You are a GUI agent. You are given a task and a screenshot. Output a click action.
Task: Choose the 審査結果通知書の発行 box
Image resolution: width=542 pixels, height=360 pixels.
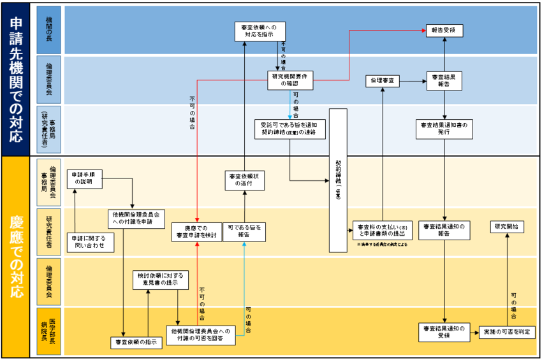point(444,129)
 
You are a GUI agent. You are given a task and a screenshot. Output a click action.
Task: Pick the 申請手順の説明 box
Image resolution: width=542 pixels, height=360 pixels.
point(85,178)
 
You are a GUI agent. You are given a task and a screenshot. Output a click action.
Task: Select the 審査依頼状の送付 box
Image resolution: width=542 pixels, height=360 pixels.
point(245,180)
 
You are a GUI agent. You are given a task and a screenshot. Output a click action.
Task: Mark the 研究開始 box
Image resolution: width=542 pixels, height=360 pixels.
point(508,226)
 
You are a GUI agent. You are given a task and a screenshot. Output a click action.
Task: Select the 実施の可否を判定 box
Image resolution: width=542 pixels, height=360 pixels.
point(507,332)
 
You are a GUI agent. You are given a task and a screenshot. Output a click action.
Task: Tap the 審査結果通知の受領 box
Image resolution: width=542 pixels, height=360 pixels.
point(444,332)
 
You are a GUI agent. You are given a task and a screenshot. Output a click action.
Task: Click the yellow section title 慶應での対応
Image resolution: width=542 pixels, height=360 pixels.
point(16,256)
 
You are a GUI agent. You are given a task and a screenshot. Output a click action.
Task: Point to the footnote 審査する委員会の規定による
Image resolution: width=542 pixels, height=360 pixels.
point(383,245)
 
